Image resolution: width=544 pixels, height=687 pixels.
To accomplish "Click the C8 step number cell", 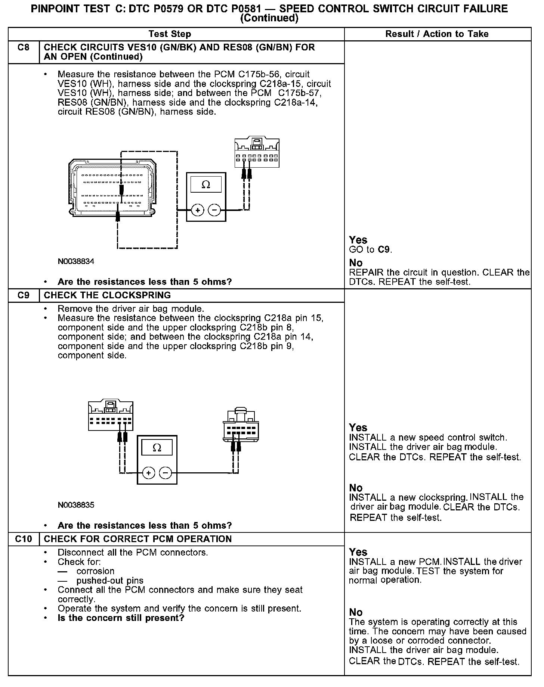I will click(x=24, y=48).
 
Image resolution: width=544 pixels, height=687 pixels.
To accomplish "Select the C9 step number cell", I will click(x=24, y=295).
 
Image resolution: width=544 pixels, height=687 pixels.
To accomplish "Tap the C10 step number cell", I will click(x=24, y=539).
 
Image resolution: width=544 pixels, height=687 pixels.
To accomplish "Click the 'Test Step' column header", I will click(x=170, y=34).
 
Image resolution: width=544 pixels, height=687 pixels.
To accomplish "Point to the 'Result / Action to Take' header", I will click(x=437, y=34).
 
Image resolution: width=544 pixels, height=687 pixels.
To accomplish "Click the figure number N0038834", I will click(x=76, y=261).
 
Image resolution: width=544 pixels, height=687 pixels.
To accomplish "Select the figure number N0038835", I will click(x=76, y=505).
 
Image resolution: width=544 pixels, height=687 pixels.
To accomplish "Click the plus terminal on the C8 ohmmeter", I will click(x=198, y=211).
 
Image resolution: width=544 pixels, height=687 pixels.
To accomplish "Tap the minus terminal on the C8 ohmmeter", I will click(x=214, y=211).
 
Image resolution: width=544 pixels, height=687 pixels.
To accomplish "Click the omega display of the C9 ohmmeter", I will click(x=157, y=447).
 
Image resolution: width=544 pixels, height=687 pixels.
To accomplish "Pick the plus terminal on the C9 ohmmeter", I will click(x=149, y=473).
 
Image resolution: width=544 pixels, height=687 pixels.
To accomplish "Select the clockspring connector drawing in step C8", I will click(x=257, y=153).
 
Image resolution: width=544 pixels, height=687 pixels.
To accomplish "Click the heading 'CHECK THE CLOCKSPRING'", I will click(x=107, y=295).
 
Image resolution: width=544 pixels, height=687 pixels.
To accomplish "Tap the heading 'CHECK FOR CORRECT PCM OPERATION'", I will click(x=138, y=539).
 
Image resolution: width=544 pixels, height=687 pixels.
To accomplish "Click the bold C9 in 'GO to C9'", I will click(x=384, y=250).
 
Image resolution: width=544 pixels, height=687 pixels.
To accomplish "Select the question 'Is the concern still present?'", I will click(x=121, y=618).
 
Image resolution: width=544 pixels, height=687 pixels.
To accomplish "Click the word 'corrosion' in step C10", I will click(x=95, y=571).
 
